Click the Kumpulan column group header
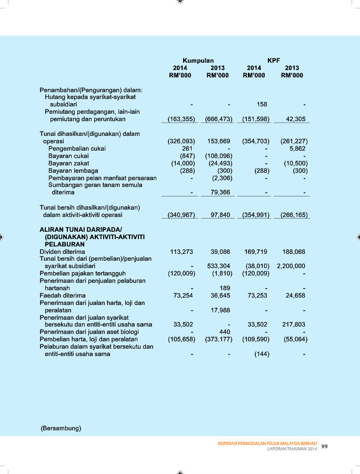click(198, 61)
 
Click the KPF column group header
click(274, 61)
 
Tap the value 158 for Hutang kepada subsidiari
click(262, 104)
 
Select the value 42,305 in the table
click(296, 119)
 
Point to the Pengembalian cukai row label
click(77, 149)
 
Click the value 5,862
click(298, 149)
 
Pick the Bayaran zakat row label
click(68, 163)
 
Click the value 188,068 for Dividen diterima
click(294, 252)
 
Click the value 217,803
click(294, 324)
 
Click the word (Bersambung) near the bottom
click(61, 428)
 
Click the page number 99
click(325, 446)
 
